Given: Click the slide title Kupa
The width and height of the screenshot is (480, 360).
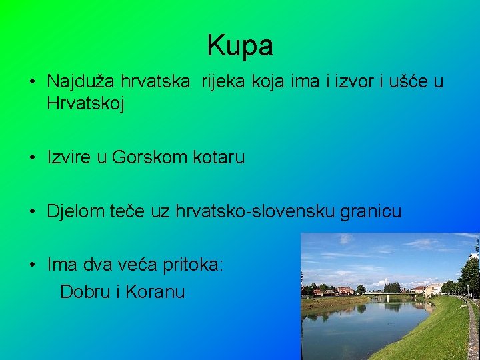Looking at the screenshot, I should click(240, 45).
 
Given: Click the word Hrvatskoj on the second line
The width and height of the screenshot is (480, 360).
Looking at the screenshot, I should click(85, 103).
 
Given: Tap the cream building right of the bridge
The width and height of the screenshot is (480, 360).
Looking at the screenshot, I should click(433, 289).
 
